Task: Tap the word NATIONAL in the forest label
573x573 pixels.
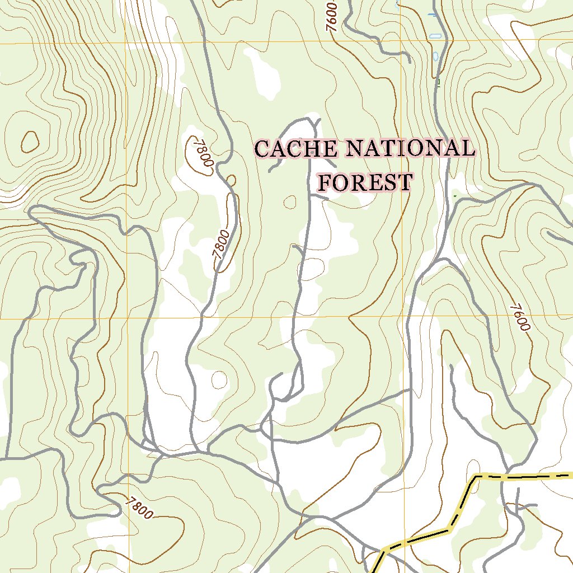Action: [410, 149]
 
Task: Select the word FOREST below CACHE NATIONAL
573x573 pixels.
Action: [365, 182]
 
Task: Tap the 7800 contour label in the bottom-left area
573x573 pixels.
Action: [138, 508]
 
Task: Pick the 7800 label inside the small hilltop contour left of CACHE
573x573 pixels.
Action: [203, 153]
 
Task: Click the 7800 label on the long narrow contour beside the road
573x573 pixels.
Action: [222, 244]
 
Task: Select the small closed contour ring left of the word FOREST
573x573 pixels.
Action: [290, 201]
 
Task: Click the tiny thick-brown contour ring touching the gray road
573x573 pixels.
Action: [231, 180]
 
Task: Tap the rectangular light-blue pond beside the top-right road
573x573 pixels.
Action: [435, 36]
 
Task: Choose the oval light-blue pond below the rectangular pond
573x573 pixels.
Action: [436, 57]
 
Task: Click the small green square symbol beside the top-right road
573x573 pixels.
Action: [439, 83]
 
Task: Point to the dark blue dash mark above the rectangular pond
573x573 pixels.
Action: [431, 14]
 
